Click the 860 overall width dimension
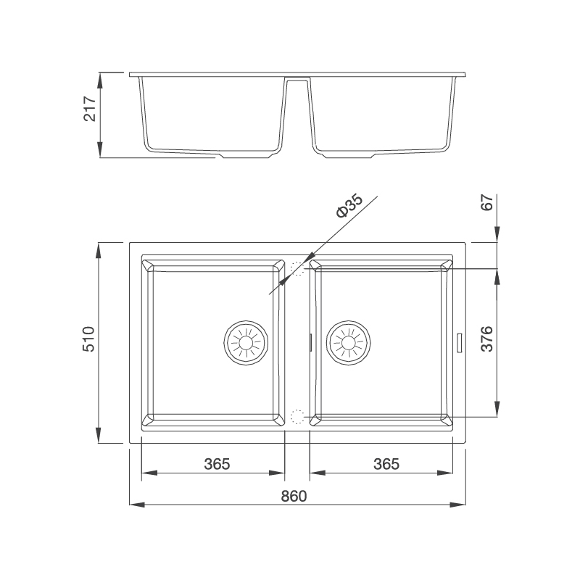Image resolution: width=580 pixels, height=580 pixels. pos(294,497)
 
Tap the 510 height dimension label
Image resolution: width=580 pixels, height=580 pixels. pos(88,339)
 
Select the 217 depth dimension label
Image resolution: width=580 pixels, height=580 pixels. pos(90,109)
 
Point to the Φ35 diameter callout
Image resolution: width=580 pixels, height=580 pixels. pos(349,206)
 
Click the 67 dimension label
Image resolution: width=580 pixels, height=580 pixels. pos(487,202)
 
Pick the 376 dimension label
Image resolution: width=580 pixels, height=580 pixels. pos(487,339)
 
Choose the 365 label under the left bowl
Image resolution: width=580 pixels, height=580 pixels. pos(217,464)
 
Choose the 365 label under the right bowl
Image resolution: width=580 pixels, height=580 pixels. pos(386,464)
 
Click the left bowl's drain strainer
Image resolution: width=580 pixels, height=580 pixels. pos(246,343)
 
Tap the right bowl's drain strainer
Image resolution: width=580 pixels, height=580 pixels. pos(349,343)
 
